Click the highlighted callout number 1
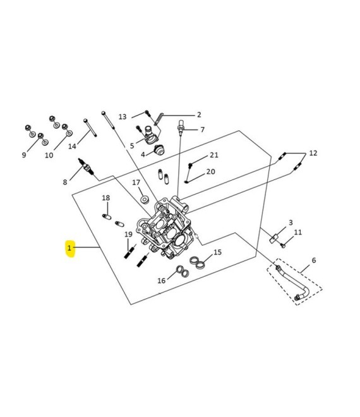pyautogui.click(x=69, y=248)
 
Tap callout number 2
pyautogui.click(x=199, y=115)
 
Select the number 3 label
pyautogui.click(x=291, y=223)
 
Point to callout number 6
pyautogui.click(x=314, y=260)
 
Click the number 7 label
pyautogui.click(x=203, y=130)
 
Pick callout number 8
pyautogui.click(x=64, y=183)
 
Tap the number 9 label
pyautogui.click(x=24, y=155)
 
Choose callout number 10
pyautogui.click(x=49, y=155)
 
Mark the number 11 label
pyautogui.click(x=298, y=233)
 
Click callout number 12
pyautogui.click(x=313, y=154)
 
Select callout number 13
pyautogui.click(x=123, y=117)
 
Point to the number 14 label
pyautogui.click(x=72, y=147)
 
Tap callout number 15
pyautogui.click(x=217, y=253)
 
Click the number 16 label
pyautogui.click(x=161, y=281)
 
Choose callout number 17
pyautogui.click(x=136, y=183)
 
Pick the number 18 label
pyautogui.click(x=106, y=198)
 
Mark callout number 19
pyautogui.click(x=128, y=234)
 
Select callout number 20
pyautogui.click(x=210, y=172)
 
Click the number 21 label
pyautogui.click(x=214, y=155)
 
